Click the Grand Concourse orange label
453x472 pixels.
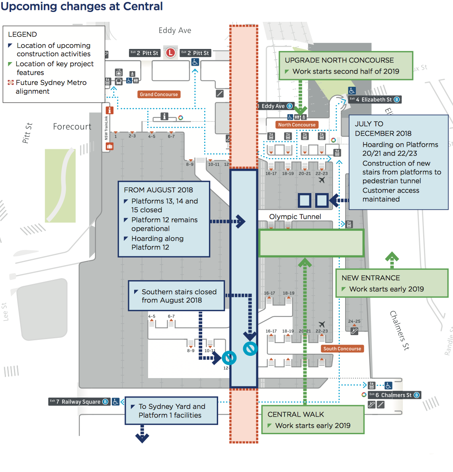[158, 94]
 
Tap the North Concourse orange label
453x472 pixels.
[297, 125]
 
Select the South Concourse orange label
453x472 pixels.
[342, 349]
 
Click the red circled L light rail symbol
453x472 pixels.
[170, 53]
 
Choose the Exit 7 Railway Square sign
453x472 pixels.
[78, 402]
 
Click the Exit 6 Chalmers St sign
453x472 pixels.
[394, 395]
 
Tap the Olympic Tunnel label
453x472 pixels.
[295, 216]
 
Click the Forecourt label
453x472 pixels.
[72, 127]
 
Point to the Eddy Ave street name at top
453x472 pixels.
[175, 30]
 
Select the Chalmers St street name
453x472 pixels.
[399, 330]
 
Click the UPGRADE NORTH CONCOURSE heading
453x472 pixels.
[339, 60]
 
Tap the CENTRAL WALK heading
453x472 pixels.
[296, 414]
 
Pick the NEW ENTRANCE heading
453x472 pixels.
[371, 278]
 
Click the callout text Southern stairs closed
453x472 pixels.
[179, 292]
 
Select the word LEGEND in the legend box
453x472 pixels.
[22, 34]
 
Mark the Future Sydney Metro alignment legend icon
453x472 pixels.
[11, 82]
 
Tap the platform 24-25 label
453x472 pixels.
[354, 321]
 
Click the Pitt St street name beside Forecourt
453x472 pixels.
[27, 133]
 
